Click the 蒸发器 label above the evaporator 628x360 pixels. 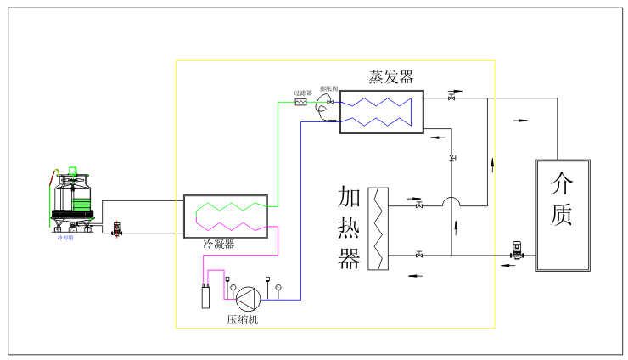click(391, 77)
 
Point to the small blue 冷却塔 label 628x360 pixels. click(65, 239)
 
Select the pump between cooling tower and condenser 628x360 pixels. click(117, 228)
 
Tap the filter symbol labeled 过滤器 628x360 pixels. click(300, 102)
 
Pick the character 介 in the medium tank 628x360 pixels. click(562, 183)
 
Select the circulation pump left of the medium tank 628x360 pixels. click(517, 250)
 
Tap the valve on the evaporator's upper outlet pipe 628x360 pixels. click(451, 98)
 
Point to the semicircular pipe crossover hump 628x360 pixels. click(451, 203)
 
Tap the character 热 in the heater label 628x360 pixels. click(350, 228)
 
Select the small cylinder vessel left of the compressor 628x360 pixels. click(205, 296)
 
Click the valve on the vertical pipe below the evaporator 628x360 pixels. click(451, 159)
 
